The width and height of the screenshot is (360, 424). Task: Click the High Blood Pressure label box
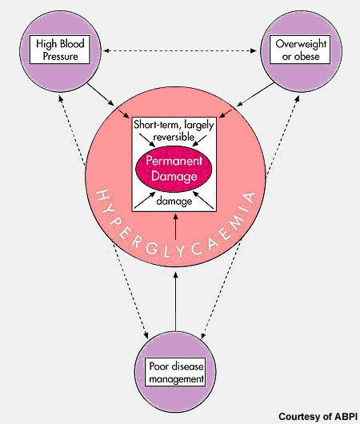[x=60, y=50]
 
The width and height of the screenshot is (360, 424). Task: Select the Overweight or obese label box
[x=300, y=50]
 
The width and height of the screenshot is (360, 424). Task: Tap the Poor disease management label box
[x=175, y=372]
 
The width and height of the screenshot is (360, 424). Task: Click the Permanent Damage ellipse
[x=174, y=169]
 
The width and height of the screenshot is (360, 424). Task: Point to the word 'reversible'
[x=174, y=137]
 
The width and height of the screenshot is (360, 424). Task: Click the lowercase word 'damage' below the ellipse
[x=174, y=202]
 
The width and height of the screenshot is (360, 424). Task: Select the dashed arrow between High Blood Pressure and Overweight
[x=180, y=50]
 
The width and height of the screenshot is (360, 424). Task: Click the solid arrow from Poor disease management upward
[x=175, y=302]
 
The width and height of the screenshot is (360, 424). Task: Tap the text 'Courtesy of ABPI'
[x=318, y=417]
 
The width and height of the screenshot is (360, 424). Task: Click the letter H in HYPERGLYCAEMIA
[x=102, y=196]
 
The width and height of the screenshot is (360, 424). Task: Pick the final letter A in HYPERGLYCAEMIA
[x=250, y=198]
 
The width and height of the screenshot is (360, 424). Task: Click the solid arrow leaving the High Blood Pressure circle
[x=101, y=94]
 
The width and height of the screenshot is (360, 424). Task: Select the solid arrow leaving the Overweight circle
[x=255, y=94]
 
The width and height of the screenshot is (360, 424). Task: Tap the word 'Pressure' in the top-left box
[x=60, y=57]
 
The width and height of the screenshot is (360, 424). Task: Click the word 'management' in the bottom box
[x=176, y=379]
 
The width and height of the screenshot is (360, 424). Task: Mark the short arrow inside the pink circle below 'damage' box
[x=175, y=226]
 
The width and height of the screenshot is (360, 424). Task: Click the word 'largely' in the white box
[x=198, y=126]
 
